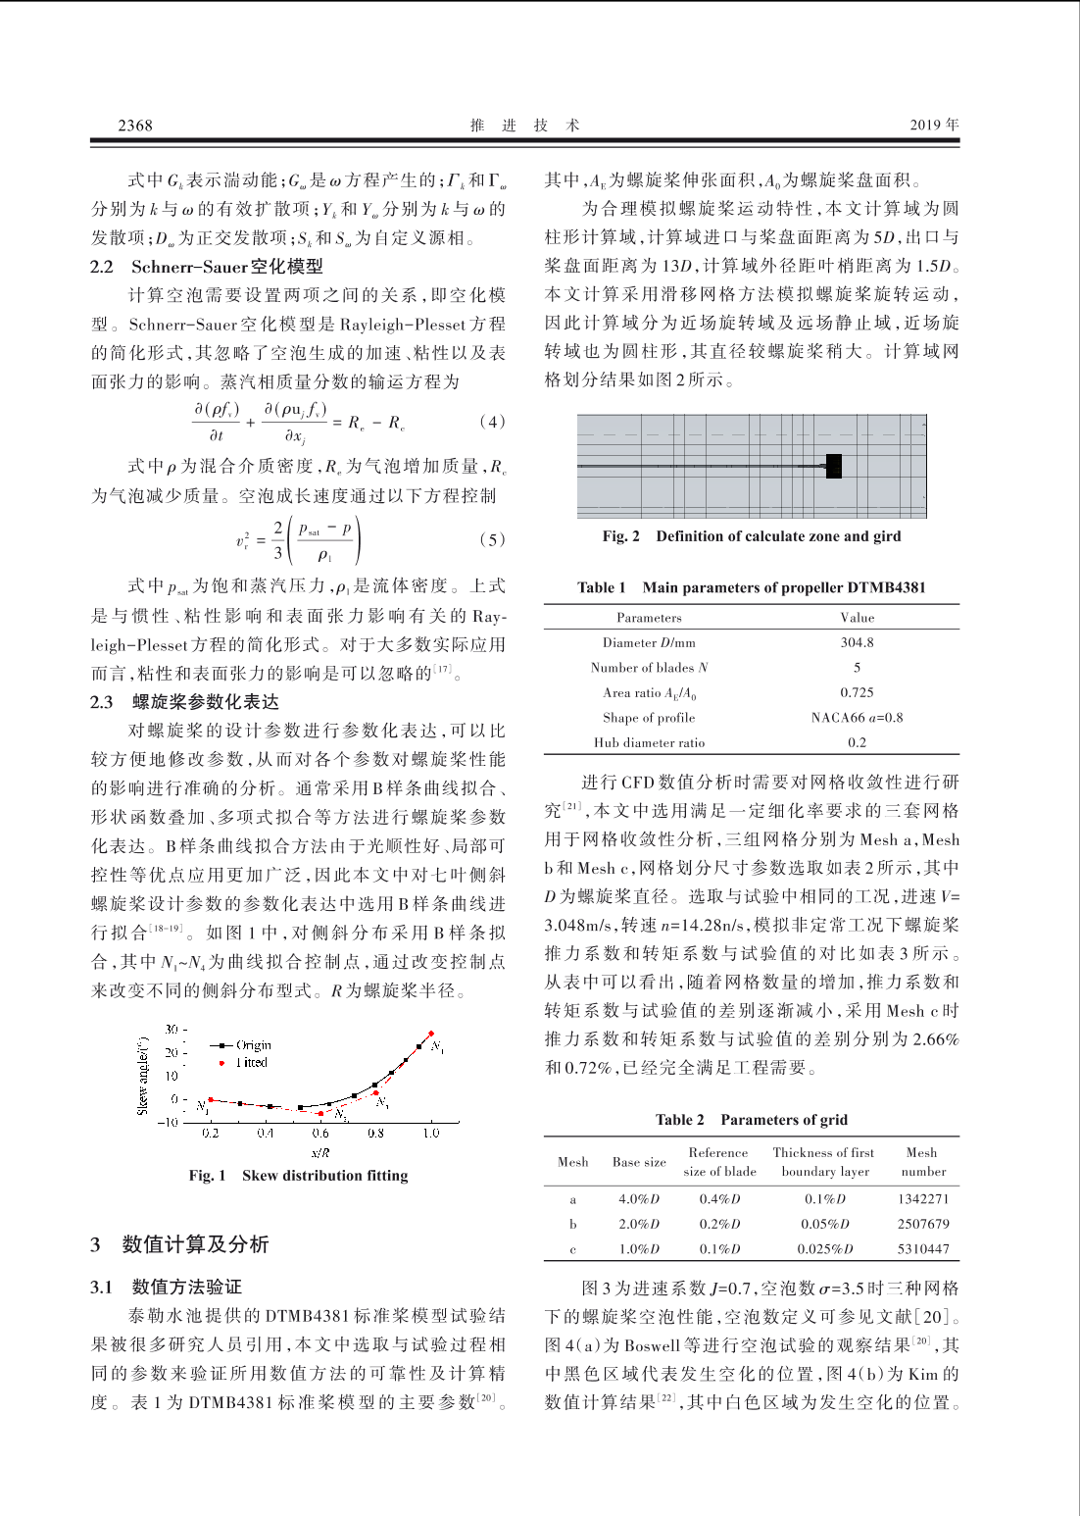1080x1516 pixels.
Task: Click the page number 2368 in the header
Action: pos(135,125)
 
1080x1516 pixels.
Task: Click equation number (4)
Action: pos(492,422)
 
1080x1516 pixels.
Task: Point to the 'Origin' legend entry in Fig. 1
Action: pos(253,1045)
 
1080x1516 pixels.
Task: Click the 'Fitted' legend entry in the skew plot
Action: pos(251,1062)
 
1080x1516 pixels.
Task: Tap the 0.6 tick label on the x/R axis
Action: pos(320,1133)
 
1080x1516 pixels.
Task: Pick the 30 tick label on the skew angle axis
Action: pos(172,1029)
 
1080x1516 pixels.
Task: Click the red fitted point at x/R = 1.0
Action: pos(431,1034)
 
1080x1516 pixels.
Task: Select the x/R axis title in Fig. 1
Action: pos(320,1152)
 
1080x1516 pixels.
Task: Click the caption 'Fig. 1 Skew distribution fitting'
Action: pos(298,1176)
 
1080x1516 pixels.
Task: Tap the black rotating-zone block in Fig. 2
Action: pos(834,466)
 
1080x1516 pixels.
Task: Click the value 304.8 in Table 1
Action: pos(857,642)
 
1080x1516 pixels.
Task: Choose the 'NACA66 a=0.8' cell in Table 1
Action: pos(857,717)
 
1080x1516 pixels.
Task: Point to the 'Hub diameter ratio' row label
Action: pos(649,742)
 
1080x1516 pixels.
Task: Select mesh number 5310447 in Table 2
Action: pos(923,1248)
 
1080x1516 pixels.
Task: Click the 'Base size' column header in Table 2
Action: pos(639,1162)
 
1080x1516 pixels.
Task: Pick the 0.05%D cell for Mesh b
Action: pos(825,1224)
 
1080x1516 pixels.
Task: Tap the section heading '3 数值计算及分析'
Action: pos(179,1244)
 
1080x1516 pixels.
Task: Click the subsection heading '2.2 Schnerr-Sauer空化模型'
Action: pos(207,267)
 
